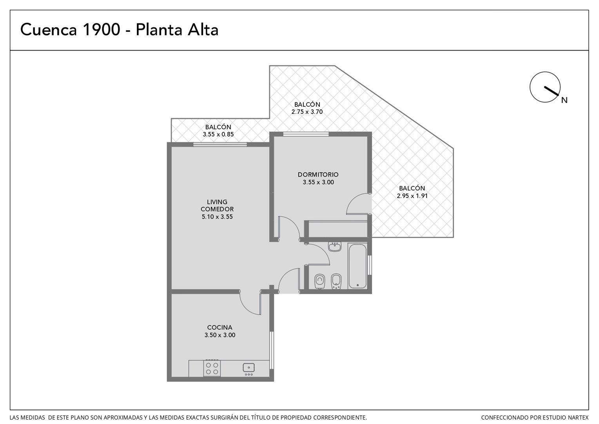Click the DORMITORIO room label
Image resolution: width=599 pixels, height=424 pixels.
click(x=318, y=175)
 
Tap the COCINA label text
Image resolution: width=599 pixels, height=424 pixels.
click(x=220, y=327)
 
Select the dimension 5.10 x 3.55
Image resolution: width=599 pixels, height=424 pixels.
click(x=217, y=217)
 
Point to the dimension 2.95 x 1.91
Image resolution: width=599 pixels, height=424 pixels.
click(x=412, y=196)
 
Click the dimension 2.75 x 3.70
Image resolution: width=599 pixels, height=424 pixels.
click(x=307, y=111)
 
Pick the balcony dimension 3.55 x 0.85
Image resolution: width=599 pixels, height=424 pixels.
click(x=218, y=134)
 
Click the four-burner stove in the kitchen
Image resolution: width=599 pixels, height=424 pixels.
click(x=212, y=369)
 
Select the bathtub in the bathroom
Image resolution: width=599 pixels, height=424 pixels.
click(x=357, y=266)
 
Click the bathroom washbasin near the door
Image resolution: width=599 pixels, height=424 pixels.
click(x=335, y=247)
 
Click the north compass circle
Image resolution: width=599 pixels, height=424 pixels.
click(x=545, y=87)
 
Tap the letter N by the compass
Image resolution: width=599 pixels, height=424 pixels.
click(x=564, y=100)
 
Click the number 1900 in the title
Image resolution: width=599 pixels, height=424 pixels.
click(x=102, y=29)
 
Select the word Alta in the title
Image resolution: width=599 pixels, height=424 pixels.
click(x=203, y=29)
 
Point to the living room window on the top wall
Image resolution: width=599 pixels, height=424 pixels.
click(x=220, y=144)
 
